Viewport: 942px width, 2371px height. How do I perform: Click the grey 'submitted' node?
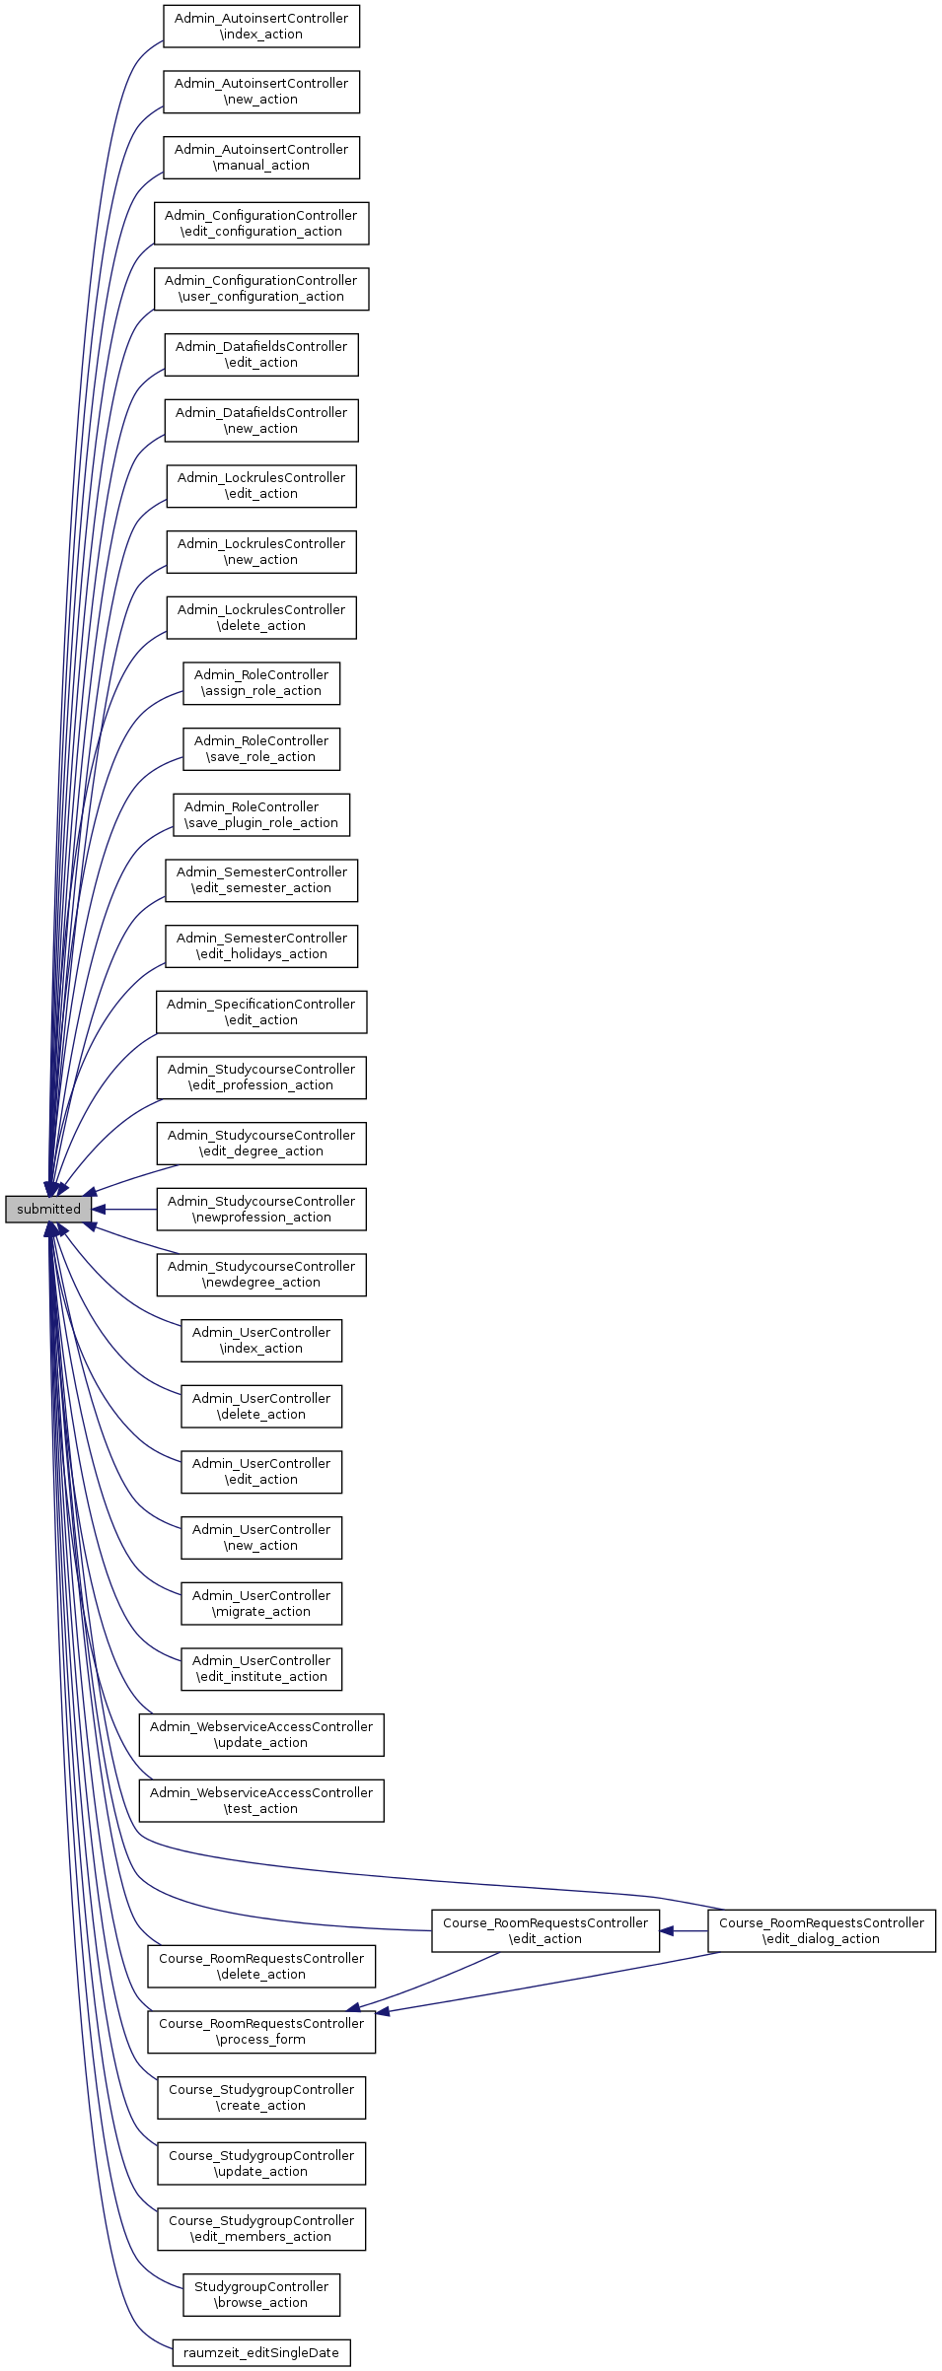pos(48,1209)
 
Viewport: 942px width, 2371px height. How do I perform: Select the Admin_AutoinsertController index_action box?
pos(261,27)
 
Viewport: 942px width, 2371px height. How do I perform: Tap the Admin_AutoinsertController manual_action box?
pos(261,158)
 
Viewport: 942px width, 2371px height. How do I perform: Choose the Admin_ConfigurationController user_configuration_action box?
pos(261,289)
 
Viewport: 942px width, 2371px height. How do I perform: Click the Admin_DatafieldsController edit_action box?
pos(261,355)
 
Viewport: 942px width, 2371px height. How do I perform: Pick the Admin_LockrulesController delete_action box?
pos(261,618)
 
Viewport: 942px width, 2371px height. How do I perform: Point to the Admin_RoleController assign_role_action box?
pos(261,683)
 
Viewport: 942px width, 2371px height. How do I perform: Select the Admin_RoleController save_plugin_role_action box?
pos(261,815)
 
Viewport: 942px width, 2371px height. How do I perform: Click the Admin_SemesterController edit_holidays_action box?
pos(261,946)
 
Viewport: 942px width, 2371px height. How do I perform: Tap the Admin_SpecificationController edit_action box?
pos(261,1012)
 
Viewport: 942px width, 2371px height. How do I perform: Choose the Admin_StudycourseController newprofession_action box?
pos(261,1210)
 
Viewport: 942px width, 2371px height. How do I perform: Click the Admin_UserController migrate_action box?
pos(261,1604)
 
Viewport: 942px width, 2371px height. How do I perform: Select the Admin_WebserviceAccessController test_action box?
pos(261,1801)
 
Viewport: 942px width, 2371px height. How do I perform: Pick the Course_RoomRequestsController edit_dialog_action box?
pos(822,1931)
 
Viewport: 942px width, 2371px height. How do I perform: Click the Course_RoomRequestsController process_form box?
pos(261,2032)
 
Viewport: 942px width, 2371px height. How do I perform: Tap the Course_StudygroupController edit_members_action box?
pos(261,2229)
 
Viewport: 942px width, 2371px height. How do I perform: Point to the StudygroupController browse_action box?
pos(261,2295)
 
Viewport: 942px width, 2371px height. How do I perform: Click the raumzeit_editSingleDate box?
pos(261,2353)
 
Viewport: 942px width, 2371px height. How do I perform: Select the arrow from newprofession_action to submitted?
pos(124,1210)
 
